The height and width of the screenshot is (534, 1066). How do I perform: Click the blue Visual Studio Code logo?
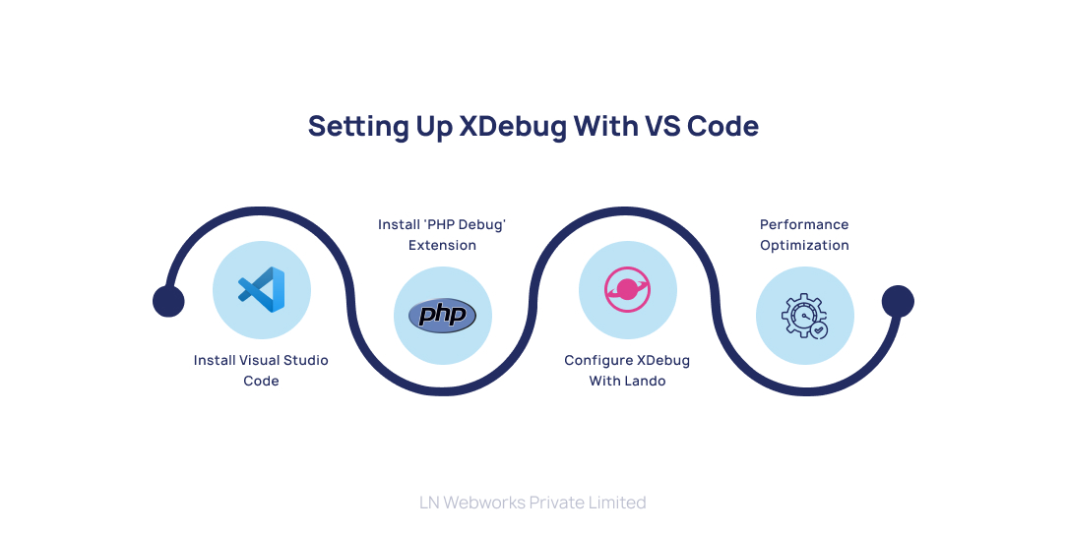tap(262, 290)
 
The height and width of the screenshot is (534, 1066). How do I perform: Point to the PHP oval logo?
tap(442, 315)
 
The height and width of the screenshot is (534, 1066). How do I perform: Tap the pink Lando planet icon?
tap(627, 290)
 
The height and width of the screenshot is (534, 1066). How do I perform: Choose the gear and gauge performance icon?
tap(804, 316)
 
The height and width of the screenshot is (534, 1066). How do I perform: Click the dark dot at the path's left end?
tap(168, 302)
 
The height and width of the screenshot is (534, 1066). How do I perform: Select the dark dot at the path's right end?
tap(898, 301)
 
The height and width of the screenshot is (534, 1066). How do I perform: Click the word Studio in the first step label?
tap(305, 361)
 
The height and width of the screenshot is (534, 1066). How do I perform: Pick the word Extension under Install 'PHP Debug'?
tap(442, 246)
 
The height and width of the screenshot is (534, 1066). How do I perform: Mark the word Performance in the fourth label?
tap(804, 225)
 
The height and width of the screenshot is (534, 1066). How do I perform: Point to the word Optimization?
tap(804, 246)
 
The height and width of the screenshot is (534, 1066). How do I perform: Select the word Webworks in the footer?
tap(483, 503)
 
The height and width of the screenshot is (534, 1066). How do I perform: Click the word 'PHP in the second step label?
tap(438, 225)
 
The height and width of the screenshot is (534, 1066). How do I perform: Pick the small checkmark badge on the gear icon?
tap(819, 330)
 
